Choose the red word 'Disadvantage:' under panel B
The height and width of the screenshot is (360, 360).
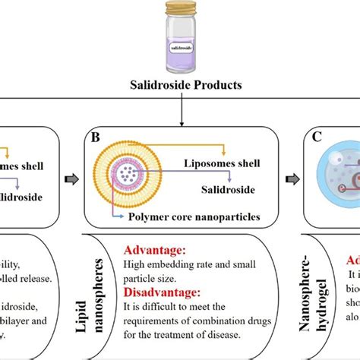coord(163,292)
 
